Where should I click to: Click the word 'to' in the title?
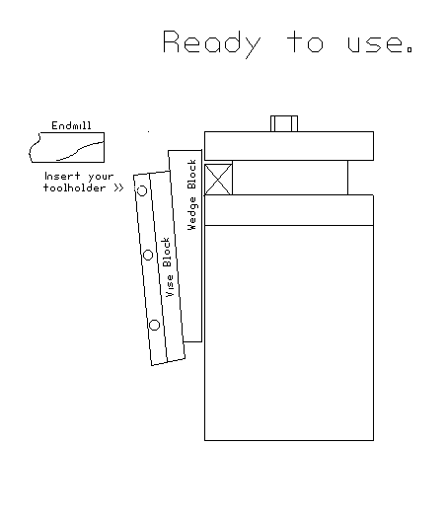(305, 44)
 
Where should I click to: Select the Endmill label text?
(71, 126)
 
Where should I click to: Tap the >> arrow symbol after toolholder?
(118, 186)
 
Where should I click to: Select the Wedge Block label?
(192, 193)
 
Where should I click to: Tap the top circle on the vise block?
(141, 190)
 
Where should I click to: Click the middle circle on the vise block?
(148, 255)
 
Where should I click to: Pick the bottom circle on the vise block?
(154, 325)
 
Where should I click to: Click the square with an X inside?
(218, 178)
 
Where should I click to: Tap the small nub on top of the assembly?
(284, 123)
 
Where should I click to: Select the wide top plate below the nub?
(288, 145)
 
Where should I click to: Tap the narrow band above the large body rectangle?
(288, 210)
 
